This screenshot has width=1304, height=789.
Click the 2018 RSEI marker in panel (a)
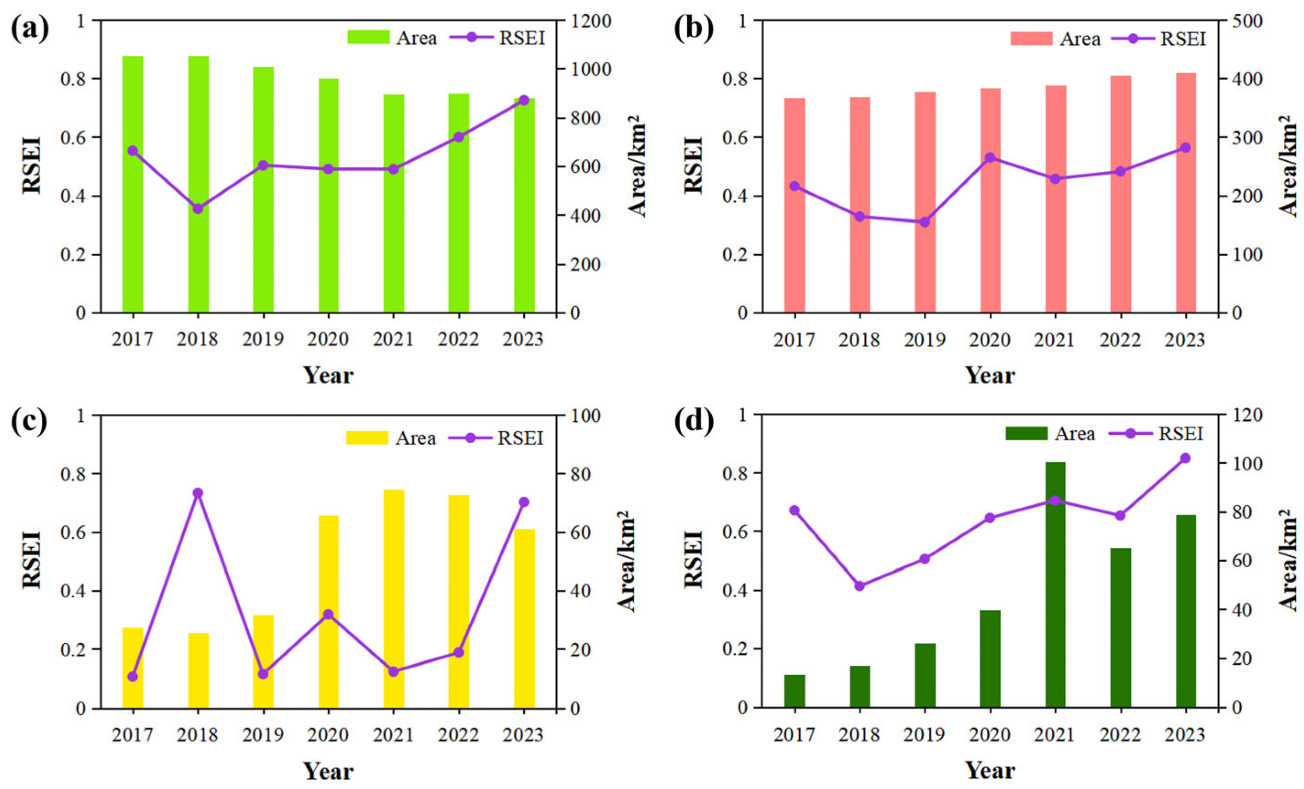tap(197, 208)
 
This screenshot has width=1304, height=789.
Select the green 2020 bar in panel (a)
tap(328, 196)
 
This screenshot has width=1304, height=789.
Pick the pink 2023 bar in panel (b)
tap(1185, 193)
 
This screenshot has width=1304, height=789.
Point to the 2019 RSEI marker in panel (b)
tap(925, 222)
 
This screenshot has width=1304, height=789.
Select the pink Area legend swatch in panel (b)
tap(1031, 38)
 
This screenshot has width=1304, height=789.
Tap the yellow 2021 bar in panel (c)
tap(393, 598)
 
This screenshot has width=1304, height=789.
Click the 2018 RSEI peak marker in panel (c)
tap(197, 493)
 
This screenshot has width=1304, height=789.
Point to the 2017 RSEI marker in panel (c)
tap(133, 676)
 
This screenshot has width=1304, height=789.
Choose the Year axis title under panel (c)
tap(328, 771)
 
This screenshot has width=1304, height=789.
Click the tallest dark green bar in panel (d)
tap(1055, 585)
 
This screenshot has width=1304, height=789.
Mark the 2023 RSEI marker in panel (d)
tap(1185, 458)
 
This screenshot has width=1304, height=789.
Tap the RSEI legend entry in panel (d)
tap(1181, 434)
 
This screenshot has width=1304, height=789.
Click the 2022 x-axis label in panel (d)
tap(1120, 734)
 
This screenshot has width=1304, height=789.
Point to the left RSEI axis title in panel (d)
tap(694, 560)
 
